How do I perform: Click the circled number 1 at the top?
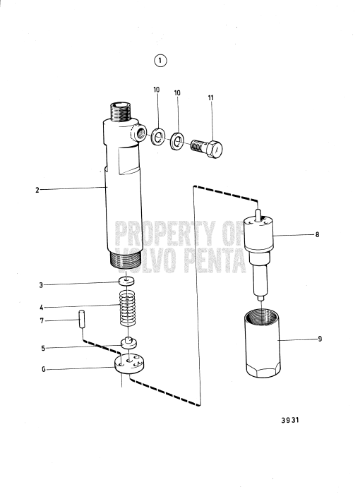(160, 61)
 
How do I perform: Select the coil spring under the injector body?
(127, 308)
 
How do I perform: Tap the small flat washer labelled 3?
(127, 282)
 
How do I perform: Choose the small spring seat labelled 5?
(128, 343)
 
